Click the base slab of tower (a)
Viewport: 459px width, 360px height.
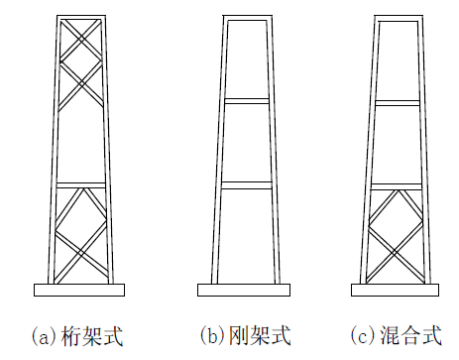tap(79, 290)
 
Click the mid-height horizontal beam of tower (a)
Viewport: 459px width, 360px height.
tap(79, 184)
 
